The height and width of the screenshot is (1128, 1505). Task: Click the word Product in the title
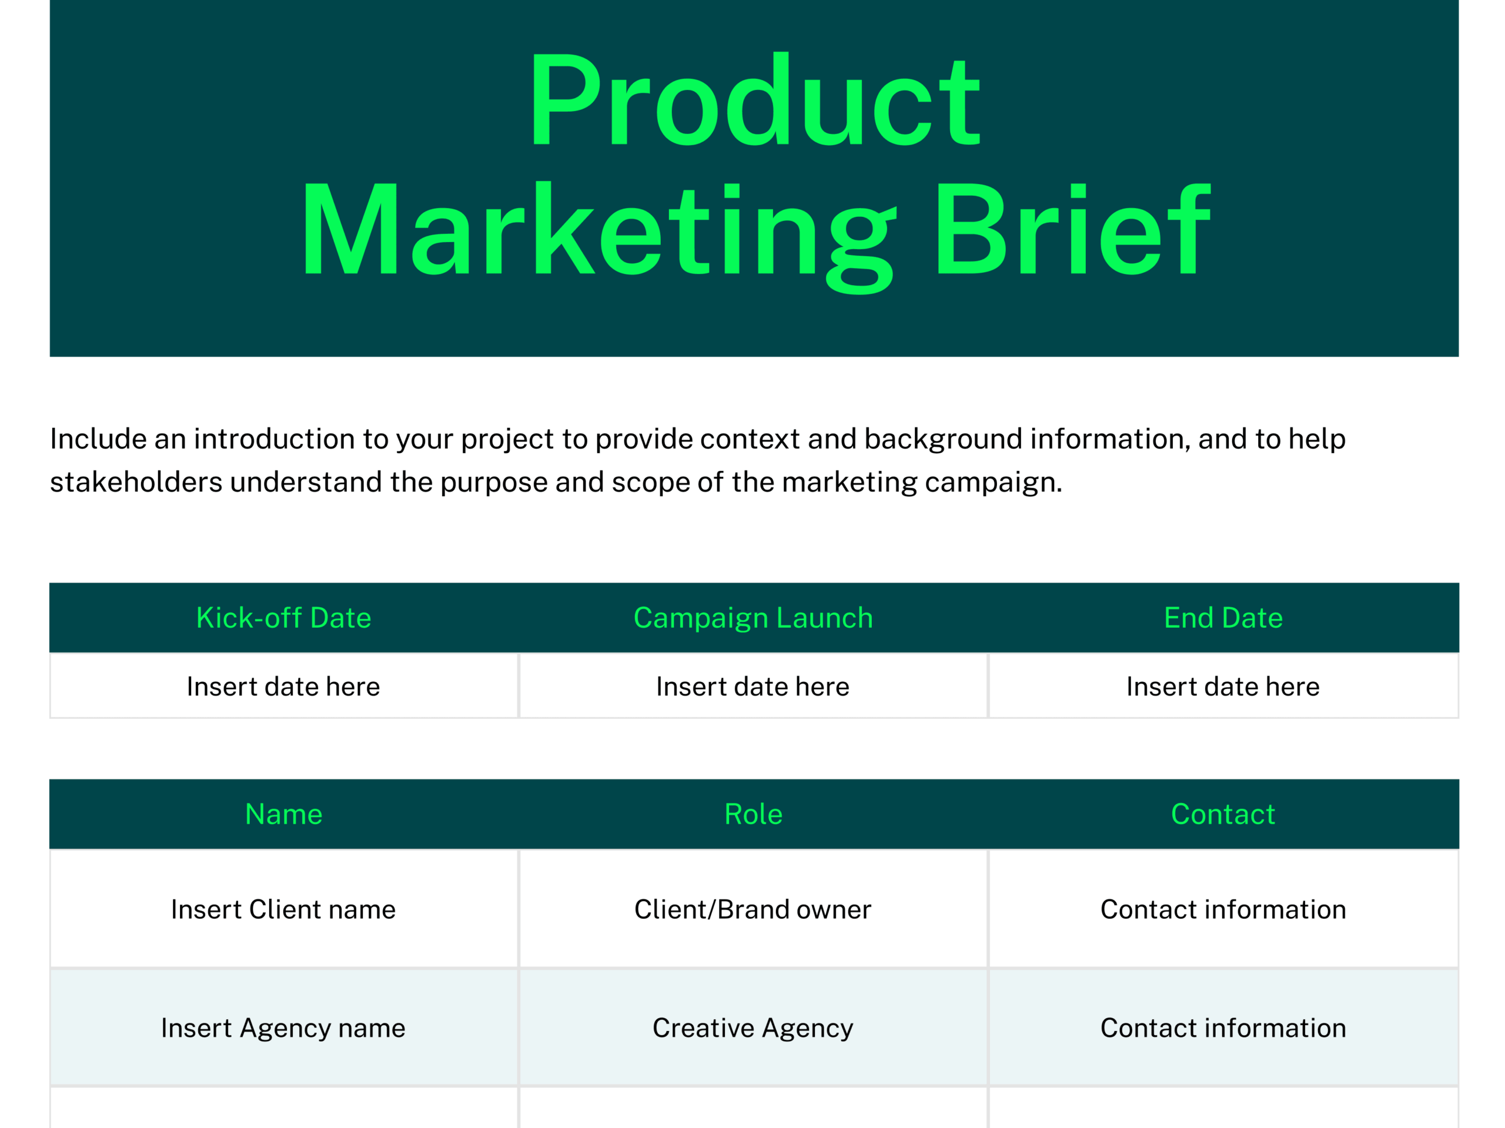(754, 99)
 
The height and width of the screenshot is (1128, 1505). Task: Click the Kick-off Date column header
(284, 618)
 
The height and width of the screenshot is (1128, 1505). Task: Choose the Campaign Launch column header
(753, 618)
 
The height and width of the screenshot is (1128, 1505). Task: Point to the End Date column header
(1223, 618)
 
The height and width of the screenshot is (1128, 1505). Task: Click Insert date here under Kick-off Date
(284, 687)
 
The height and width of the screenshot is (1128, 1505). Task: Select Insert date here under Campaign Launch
(753, 687)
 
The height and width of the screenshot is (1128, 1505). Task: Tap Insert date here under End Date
(1223, 687)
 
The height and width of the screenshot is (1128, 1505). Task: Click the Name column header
(284, 814)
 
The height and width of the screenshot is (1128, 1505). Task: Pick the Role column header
(753, 814)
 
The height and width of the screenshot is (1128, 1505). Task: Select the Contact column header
(1223, 814)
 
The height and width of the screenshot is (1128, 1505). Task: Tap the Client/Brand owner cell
(753, 909)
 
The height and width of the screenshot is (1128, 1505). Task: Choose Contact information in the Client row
(1223, 909)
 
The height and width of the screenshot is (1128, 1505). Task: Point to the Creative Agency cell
(753, 1029)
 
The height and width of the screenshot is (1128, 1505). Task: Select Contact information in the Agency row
(1223, 1028)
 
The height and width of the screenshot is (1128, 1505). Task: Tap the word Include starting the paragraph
(99, 439)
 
